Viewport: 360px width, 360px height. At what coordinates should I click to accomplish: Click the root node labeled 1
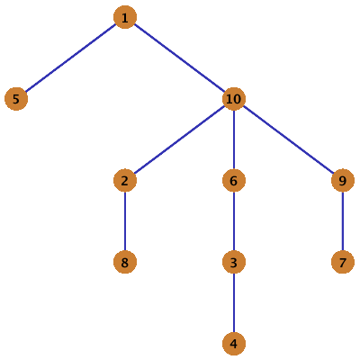click(x=125, y=17)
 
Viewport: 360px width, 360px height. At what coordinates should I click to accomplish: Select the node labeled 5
click(x=16, y=99)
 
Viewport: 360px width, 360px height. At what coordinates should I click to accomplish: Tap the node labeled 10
click(x=234, y=99)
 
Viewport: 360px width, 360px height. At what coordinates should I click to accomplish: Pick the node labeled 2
click(x=125, y=181)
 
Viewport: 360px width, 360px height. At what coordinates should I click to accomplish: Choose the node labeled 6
click(x=234, y=181)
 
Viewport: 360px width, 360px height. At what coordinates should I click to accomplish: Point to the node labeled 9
click(x=343, y=181)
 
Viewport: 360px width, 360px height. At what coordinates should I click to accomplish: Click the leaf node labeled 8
click(x=125, y=262)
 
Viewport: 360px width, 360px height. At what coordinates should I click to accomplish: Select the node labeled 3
click(x=234, y=262)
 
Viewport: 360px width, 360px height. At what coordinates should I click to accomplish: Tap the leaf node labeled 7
click(x=343, y=262)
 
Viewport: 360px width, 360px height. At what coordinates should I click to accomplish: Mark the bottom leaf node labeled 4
click(x=234, y=344)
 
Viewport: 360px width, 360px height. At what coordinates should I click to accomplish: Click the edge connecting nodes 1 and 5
click(x=71, y=58)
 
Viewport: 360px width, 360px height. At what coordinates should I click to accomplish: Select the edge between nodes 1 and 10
click(x=179, y=58)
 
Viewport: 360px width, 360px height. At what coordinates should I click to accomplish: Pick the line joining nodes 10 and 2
click(x=179, y=139)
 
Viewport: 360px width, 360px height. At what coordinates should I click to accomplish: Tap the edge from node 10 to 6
click(x=234, y=139)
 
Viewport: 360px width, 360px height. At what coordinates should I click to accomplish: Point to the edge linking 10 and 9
click(x=288, y=139)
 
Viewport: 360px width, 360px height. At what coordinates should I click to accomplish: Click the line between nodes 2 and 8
click(x=125, y=221)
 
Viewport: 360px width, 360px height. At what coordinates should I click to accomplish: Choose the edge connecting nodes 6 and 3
click(x=234, y=221)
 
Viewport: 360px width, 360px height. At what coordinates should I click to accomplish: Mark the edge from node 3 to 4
click(x=234, y=303)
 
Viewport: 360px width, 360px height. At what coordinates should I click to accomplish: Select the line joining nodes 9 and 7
click(x=343, y=221)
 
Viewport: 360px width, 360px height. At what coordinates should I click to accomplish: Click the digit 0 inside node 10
click(x=238, y=99)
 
